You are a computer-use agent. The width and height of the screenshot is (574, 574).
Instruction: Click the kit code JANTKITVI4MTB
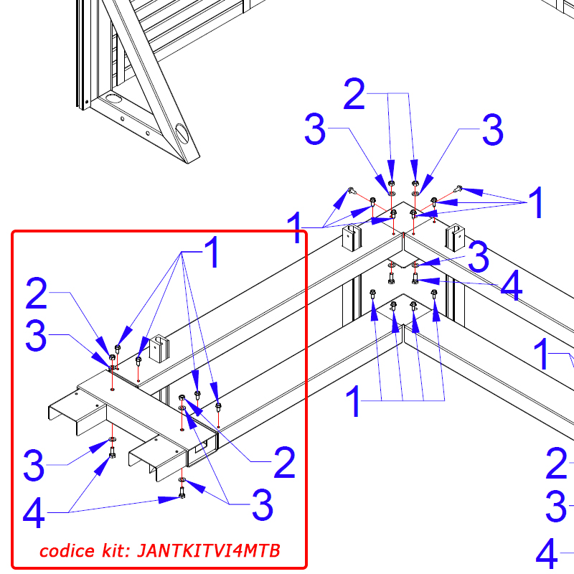[209, 550]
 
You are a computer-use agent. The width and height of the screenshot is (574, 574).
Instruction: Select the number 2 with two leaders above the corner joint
[354, 94]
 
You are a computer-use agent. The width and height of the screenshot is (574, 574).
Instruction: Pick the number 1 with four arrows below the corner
[353, 401]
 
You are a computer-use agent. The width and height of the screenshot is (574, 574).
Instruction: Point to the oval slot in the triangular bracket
[182, 133]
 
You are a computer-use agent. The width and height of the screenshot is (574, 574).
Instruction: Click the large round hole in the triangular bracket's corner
[113, 98]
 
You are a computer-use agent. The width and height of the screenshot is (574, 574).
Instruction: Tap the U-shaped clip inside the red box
[159, 349]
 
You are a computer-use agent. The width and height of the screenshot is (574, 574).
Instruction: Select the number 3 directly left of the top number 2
[315, 129]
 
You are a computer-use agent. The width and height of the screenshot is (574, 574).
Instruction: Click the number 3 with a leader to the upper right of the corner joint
[492, 129]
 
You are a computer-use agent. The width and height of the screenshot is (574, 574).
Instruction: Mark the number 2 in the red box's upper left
[37, 293]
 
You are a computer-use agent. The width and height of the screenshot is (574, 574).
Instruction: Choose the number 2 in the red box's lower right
[284, 462]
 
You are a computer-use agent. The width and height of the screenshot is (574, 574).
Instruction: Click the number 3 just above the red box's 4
[34, 465]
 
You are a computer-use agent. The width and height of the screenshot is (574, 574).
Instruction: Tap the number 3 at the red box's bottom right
[262, 505]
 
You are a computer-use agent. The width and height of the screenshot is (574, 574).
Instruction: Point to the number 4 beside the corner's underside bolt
[512, 285]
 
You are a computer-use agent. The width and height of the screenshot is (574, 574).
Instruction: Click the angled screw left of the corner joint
[352, 191]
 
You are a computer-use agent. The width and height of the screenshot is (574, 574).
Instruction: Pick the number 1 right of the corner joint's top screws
[535, 202]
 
